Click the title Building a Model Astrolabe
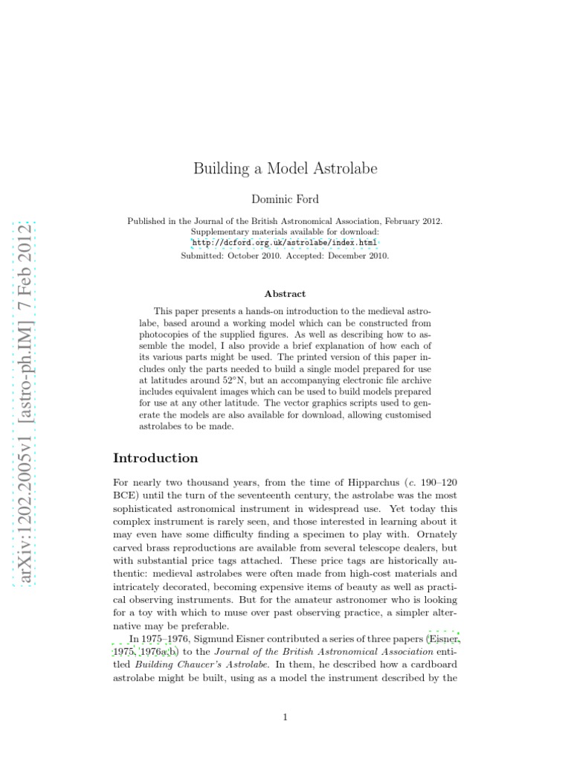coord(285,168)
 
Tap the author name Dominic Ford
coord(285,199)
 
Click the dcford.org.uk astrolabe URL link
coord(285,243)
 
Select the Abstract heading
coord(285,294)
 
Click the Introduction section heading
coord(155,458)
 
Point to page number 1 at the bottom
coord(285,717)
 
